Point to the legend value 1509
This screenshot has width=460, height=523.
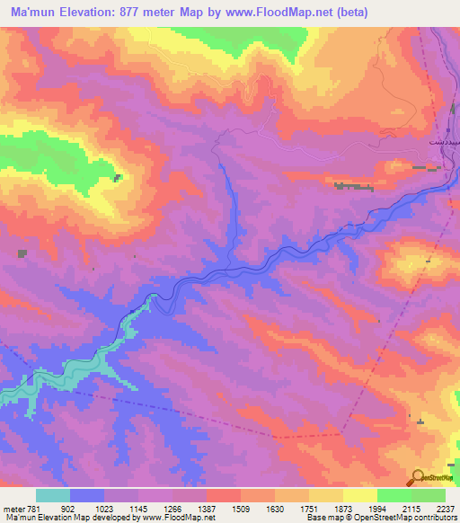[x=240, y=508]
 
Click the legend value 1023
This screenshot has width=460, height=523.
[x=104, y=508]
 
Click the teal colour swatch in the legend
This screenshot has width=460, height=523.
[x=53, y=495]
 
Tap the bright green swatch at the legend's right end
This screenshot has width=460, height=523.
[x=429, y=495]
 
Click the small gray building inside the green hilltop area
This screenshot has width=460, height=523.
[x=117, y=177]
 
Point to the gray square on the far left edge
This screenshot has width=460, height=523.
[x=22, y=254]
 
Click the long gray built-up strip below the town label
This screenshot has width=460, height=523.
[x=354, y=187]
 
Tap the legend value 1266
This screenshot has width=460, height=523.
[x=172, y=508]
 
